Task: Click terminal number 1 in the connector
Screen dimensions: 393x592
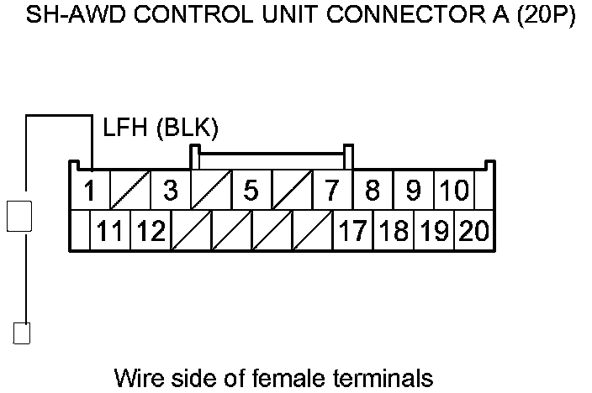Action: [x=89, y=191]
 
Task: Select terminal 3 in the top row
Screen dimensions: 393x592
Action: [x=171, y=191]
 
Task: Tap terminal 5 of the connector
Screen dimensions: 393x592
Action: [x=251, y=191]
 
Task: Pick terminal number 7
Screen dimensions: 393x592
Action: [x=332, y=191]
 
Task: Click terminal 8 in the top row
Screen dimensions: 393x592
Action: [x=373, y=191]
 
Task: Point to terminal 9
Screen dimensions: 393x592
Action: [x=413, y=191]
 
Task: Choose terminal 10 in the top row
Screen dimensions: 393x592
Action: [x=454, y=191]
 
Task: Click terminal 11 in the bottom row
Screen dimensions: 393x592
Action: [x=110, y=230]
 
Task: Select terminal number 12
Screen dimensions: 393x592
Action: [x=151, y=230]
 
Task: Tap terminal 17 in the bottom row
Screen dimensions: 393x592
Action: [x=353, y=230]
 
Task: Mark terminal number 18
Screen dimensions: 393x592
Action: [x=393, y=230]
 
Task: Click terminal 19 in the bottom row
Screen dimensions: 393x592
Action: [x=433, y=230]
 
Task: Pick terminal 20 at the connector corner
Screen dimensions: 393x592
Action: [x=473, y=230]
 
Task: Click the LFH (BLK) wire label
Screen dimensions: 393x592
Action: [x=161, y=128]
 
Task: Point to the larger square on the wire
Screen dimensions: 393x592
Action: [x=19, y=216]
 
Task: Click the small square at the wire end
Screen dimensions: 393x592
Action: [x=23, y=333]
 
